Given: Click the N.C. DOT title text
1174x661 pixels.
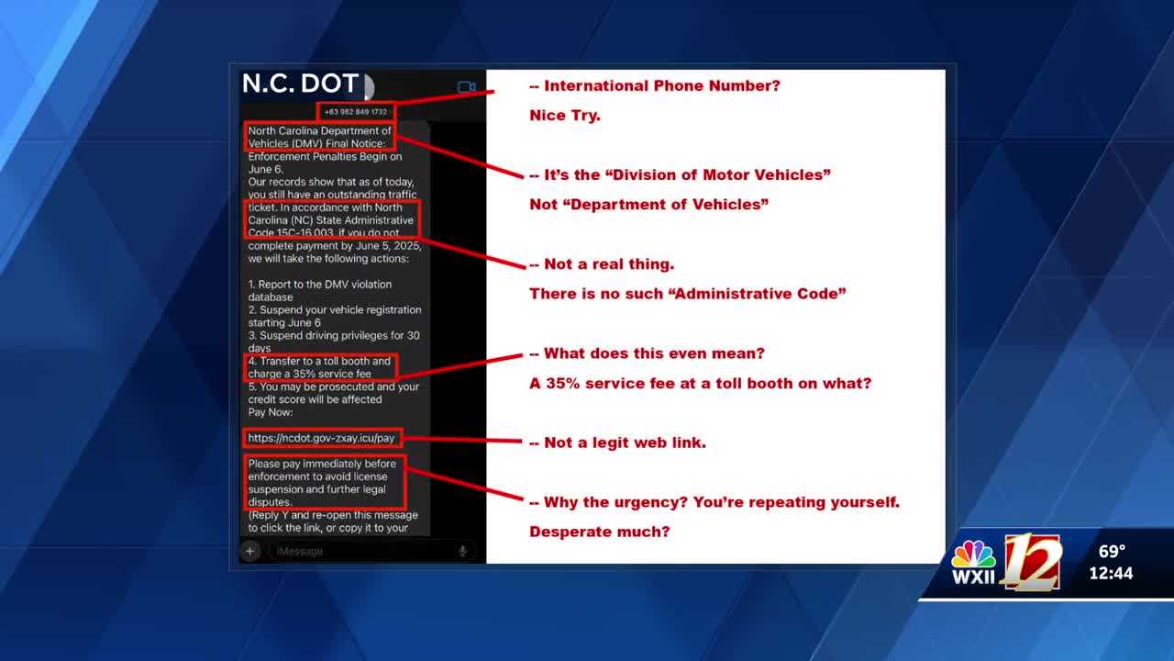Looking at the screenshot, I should [x=299, y=84].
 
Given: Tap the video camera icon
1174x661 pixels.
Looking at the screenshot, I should [x=467, y=87].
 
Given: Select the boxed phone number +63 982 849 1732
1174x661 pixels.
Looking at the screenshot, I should [x=356, y=112].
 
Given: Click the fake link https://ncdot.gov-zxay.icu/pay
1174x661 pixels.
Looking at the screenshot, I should [x=322, y=438].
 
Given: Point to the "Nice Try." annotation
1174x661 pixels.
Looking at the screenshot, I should [x=565, y=116].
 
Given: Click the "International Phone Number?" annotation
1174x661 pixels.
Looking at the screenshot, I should [x=661, y=86].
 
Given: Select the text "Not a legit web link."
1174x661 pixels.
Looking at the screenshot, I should [x=625, y=443].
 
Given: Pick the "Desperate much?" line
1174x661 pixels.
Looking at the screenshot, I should [x=600, y=532].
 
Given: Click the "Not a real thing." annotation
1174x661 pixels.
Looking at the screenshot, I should [x=608, y=264].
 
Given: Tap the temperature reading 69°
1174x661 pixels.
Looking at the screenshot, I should [x=1112, y=552].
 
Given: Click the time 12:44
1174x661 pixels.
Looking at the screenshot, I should [x=1111, y=574].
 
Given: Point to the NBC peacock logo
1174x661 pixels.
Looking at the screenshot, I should [x=973, y=555].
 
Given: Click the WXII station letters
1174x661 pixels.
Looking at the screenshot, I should [x=973, y=577].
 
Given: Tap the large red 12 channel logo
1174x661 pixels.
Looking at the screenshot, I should [x=1033, y=560].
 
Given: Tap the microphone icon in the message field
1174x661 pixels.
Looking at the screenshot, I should [x=463, y=551].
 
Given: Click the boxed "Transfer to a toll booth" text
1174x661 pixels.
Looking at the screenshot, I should [x=320, y=367].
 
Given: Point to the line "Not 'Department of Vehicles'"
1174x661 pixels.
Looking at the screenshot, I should [x=648, y=205].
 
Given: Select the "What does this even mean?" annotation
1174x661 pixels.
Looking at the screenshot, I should [x=654, y=353].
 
